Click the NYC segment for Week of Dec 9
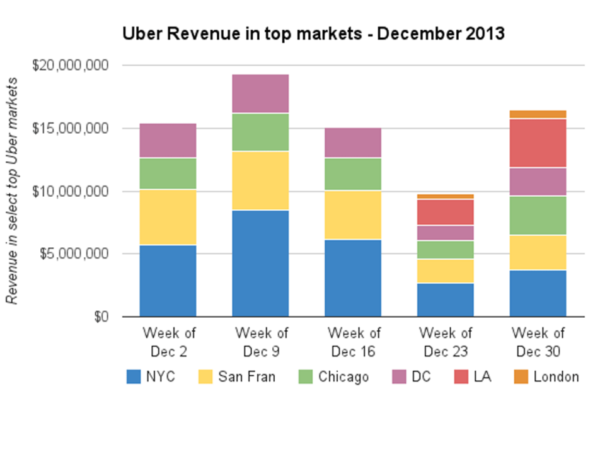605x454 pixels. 260,264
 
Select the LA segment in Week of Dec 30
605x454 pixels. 538,143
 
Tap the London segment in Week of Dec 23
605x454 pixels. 446,197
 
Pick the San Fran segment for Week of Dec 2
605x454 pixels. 168,218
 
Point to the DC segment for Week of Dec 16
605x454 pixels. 353,143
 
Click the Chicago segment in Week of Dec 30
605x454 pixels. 538,216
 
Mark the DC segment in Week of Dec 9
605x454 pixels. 260,94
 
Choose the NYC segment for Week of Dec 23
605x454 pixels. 446,300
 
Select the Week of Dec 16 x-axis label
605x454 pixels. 353,342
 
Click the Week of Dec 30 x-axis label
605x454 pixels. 538,342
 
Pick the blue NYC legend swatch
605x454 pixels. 134,377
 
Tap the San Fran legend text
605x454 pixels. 246,377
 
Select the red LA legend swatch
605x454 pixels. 461,377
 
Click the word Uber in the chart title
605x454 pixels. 141,34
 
